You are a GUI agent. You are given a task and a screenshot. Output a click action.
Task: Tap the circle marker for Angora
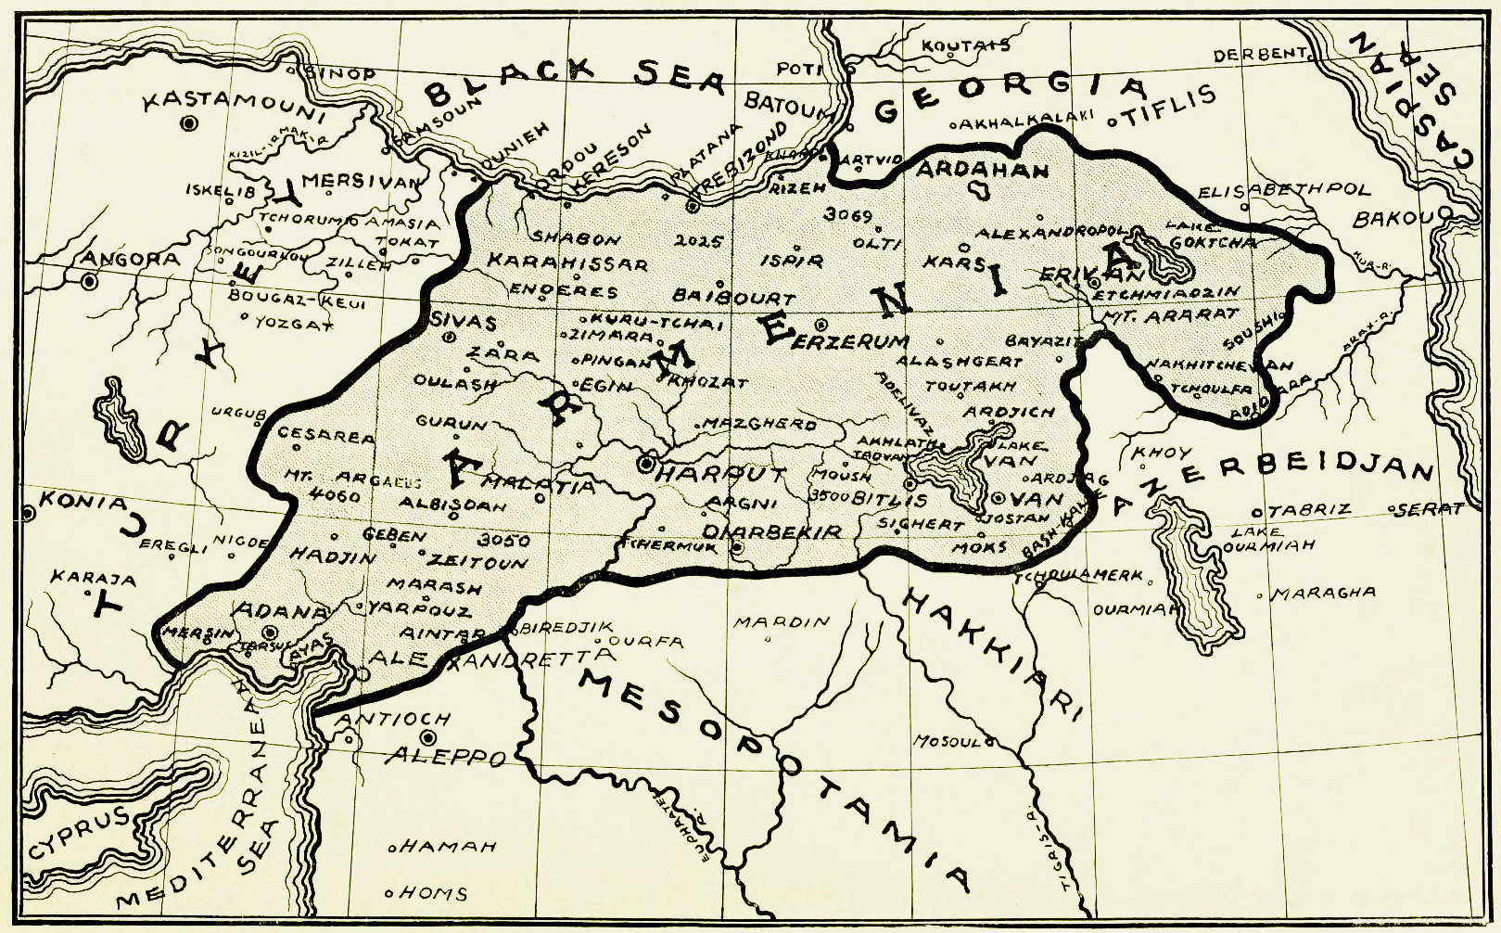coord(89,280)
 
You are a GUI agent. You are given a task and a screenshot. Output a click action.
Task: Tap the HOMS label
coord(435,894)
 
